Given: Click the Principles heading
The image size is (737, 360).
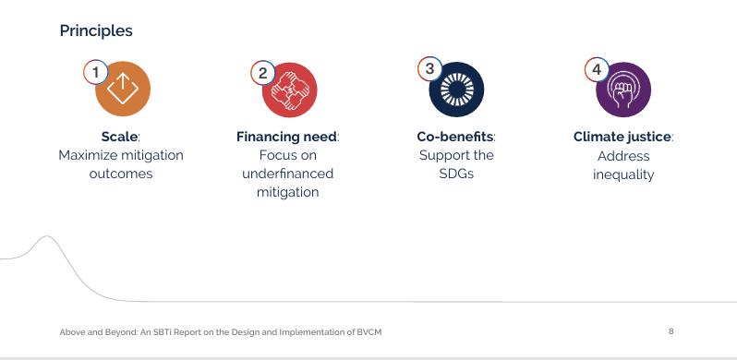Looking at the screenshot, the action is point(96,31).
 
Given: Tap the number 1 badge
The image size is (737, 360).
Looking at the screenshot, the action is point(96,73).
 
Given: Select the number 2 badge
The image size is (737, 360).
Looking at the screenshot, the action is point(262,73).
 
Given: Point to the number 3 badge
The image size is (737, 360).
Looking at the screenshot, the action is point(429,68).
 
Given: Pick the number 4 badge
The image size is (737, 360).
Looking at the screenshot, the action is point(597,69).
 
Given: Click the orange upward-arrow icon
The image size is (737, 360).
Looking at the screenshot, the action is point(123,89).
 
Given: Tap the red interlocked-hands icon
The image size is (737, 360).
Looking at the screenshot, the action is point(290,90).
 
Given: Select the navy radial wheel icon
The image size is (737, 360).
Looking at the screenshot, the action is point(456,90).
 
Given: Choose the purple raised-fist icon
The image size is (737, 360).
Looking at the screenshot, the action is point(623,90).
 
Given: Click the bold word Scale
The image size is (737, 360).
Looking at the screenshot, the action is point(120,137).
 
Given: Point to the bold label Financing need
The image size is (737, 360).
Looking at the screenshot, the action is point(286,137).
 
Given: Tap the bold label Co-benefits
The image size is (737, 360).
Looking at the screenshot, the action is point(455,137).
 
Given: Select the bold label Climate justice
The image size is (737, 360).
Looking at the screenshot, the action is point(622,137).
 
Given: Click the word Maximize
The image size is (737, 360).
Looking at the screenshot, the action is point(88,155).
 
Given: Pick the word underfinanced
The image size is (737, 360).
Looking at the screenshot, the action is point(287,174).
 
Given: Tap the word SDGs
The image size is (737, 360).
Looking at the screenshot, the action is point(456,174).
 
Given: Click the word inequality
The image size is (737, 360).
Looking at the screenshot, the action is point(623,174).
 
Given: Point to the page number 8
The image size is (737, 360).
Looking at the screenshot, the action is point(671,331).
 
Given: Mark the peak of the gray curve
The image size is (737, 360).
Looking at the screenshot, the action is point(46,236).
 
